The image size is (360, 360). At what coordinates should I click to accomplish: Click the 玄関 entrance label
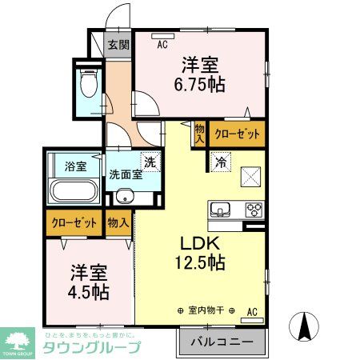click(118, 45)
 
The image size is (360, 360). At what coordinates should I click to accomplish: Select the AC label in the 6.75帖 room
click(162, 45)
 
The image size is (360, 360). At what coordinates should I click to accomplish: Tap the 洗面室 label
click(126, 174)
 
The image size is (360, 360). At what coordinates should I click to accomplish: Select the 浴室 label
click(74, 167)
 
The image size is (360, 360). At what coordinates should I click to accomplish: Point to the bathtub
click(74, 194)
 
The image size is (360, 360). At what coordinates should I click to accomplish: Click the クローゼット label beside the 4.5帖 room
click(74, 222)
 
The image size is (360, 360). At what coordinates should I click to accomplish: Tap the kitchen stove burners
click(254, 210)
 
